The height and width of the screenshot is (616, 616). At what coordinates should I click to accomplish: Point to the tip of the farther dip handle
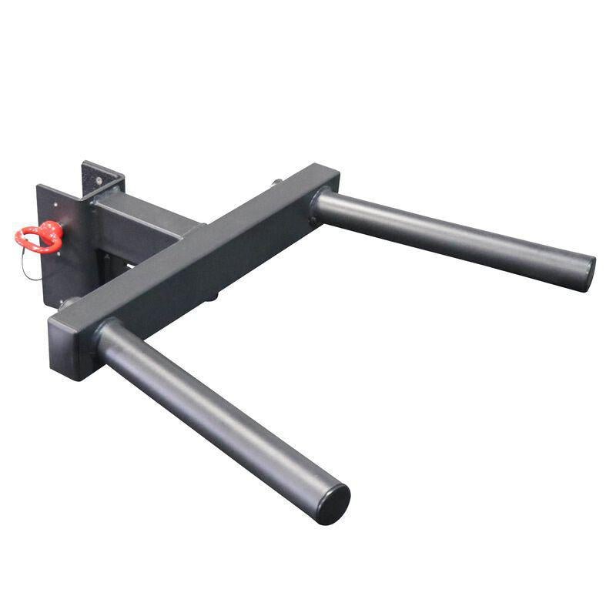click(587, 273)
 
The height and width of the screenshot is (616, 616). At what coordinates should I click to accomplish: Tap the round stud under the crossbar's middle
click(213, 295)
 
